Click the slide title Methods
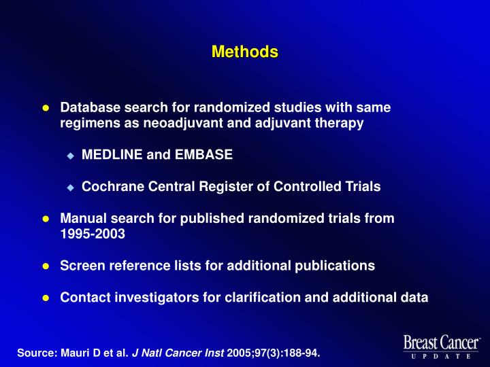click(x=244, y=52)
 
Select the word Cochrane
click(x=109, y=187)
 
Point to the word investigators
click(x=149, y=296)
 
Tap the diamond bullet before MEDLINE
click(x=69, y=156)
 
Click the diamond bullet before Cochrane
click(x=69, y=188)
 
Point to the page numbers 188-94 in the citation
click(x=299, y=353)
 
